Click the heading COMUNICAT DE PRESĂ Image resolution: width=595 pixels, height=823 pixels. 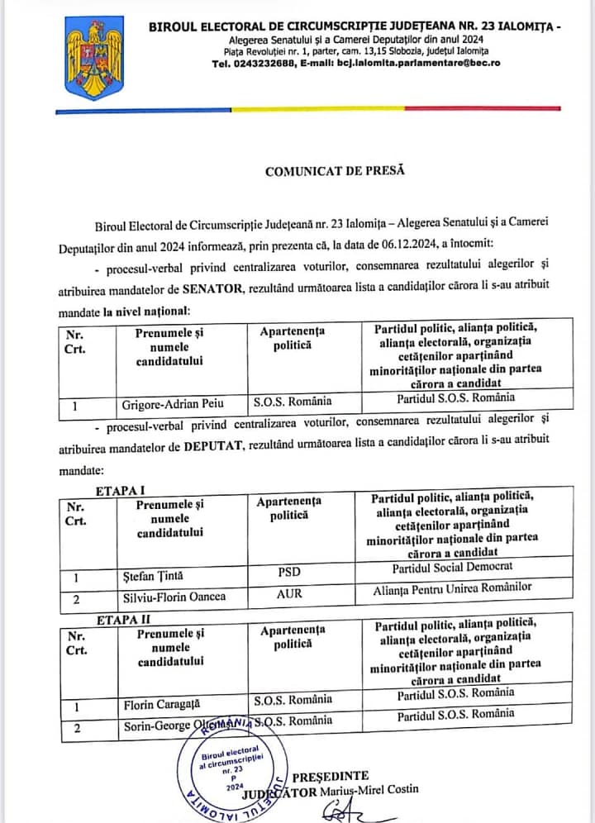(x=336, y=171)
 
